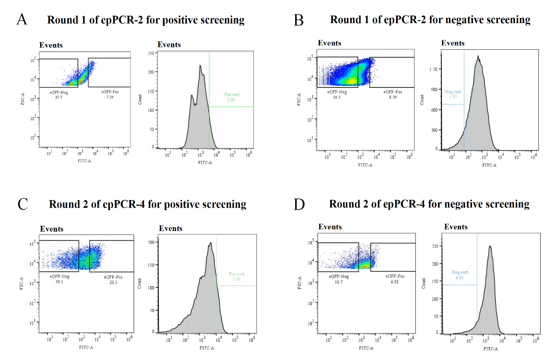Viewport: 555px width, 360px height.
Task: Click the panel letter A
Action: click(22, 20)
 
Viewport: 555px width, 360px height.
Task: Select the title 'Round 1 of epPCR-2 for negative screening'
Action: click(430, 20)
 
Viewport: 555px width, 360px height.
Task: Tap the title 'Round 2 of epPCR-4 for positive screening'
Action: click(148, 204)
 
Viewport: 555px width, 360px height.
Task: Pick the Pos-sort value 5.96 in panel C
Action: click(236, 280)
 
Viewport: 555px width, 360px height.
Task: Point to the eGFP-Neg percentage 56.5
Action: click(338, 97)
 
